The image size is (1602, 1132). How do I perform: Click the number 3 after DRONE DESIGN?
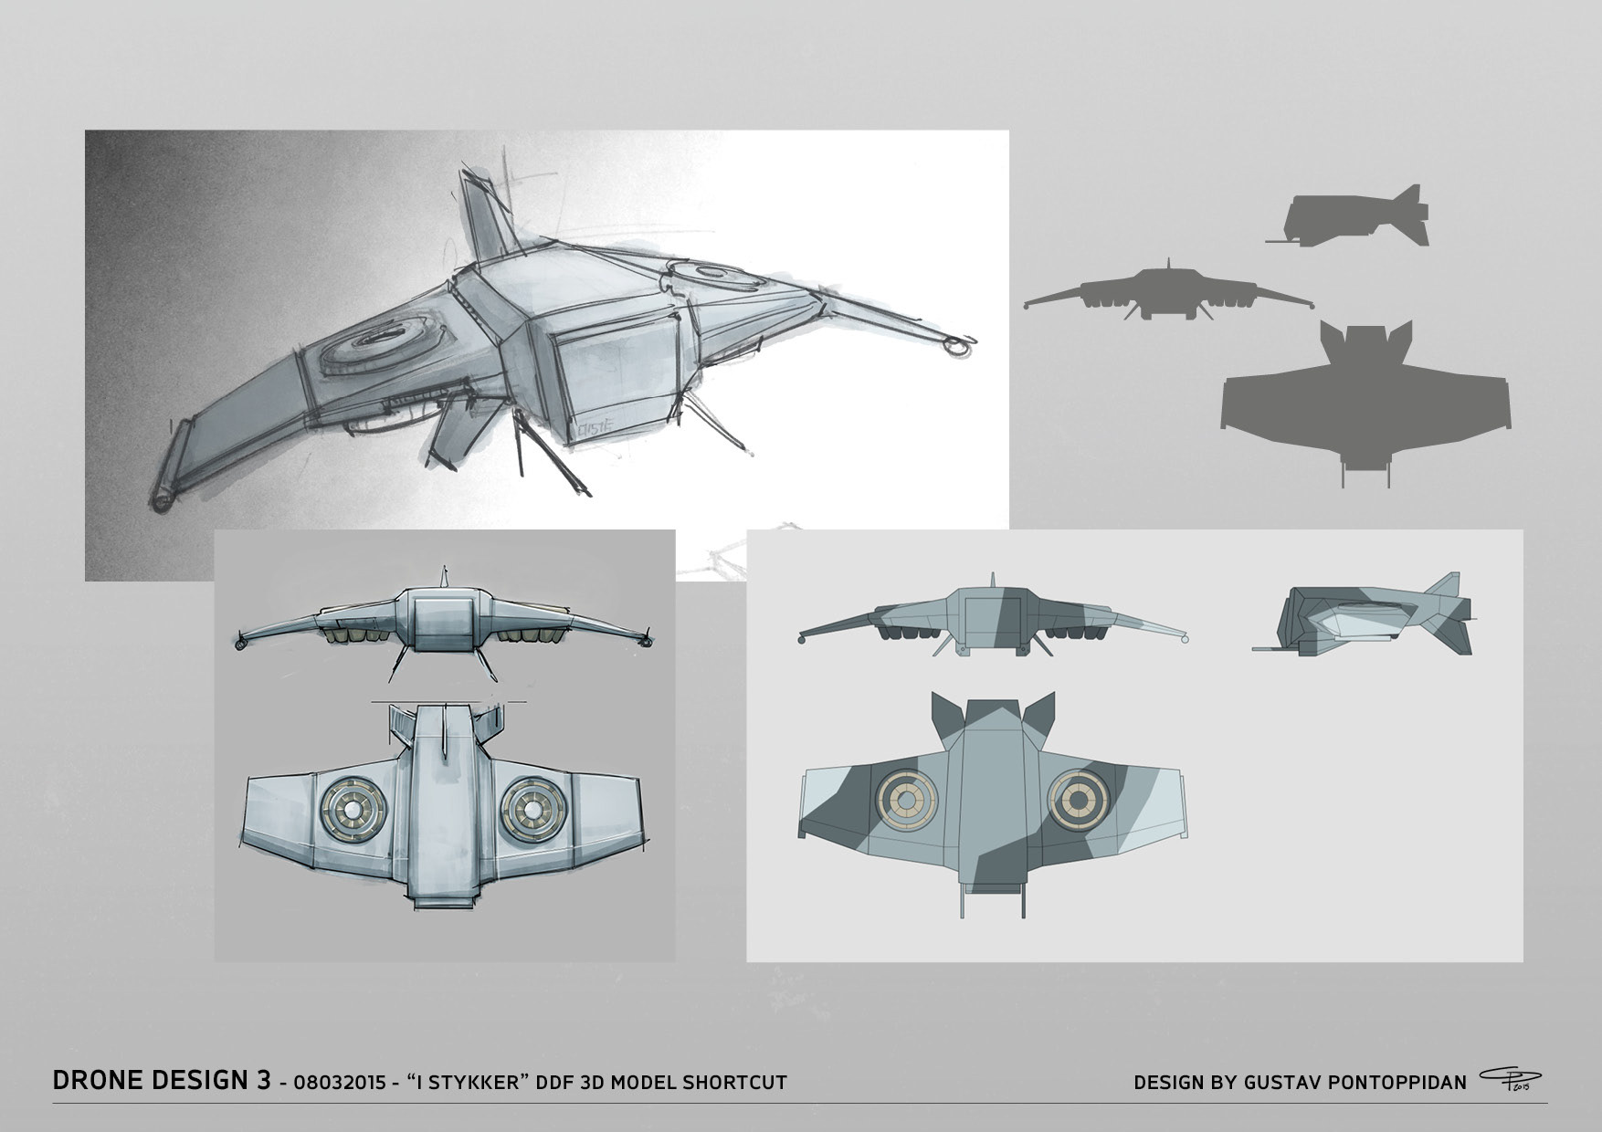[x=263, y=1082]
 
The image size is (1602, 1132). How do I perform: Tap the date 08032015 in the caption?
[x=336, y=1083]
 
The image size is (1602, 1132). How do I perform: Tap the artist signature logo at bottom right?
[x=1504, y=1082]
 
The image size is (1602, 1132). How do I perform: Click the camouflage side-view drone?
[x=1363, y=615]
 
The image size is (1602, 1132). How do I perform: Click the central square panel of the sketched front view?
[x=442, y=624]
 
